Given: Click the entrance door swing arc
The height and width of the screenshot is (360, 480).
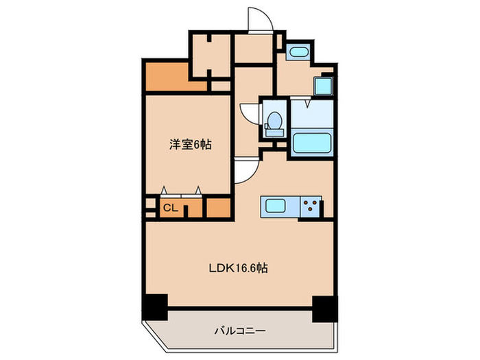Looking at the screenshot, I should [x=261, y=19].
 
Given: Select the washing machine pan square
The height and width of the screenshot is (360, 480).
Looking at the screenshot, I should [x=322, y=86].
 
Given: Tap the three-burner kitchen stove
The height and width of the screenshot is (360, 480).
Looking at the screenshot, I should [x=312, y=206].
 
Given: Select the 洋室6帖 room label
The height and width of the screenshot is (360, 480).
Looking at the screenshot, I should [x=190, y=145].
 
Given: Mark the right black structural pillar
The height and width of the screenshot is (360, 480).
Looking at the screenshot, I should [x=322, y=309].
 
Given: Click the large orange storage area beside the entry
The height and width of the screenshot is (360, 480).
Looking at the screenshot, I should [x=165, y=77].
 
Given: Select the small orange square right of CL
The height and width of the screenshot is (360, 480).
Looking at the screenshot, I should [x=219, y=207].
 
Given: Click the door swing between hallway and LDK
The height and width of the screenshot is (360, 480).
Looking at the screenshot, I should [x=243, y=171].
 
